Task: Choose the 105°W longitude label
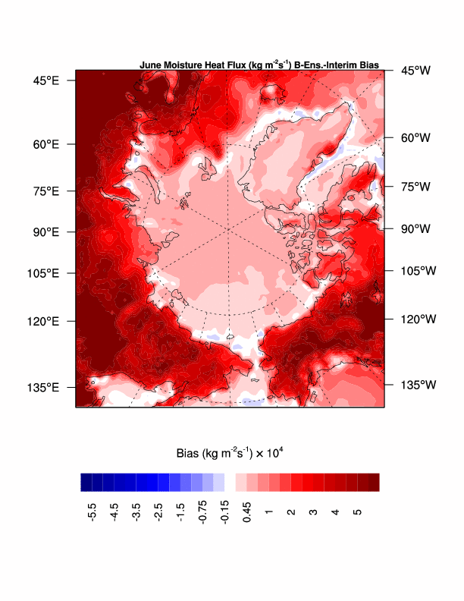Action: [x=418, y=270]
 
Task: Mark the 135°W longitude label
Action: [x=418, y=385]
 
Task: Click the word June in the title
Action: [x=149, y=65]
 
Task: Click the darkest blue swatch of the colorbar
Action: [x=86, y=482]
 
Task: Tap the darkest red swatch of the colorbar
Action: [x=373, y=482]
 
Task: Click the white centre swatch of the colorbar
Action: [x=230, y=482]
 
